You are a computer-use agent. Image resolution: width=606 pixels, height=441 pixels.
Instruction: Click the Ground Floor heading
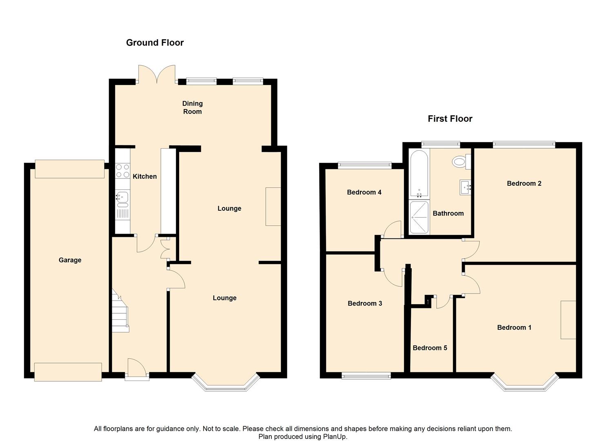[x=155, y=42]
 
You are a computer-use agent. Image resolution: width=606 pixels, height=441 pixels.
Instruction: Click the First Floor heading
[x=450, y=119]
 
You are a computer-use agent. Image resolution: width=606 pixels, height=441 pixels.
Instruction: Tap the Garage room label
[x=70, y=260]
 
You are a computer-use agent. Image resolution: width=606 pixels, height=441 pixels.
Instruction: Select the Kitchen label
[x=144, y=176]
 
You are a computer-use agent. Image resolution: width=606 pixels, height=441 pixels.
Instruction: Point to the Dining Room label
[x=192, y=107]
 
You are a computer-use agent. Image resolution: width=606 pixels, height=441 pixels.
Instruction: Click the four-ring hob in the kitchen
[x=122, y=171]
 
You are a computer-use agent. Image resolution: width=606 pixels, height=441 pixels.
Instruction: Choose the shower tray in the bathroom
[x=419, y=217]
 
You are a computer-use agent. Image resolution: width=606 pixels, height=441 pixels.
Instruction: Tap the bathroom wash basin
[x=465, y=187]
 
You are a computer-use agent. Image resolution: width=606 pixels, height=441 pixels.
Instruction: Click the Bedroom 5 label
[x=430, y=348]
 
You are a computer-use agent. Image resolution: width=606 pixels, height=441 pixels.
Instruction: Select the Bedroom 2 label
[x=524, y=183]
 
